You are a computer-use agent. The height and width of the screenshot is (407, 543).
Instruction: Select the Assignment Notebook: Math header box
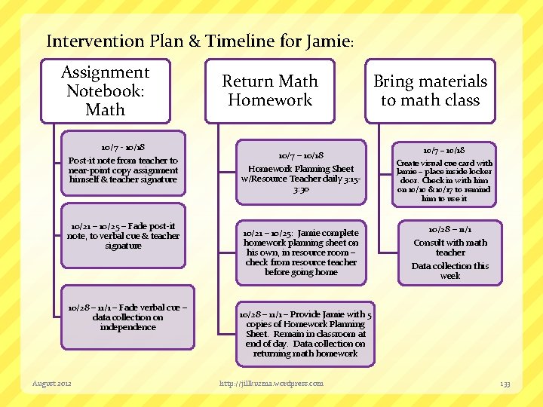tap(105, 91)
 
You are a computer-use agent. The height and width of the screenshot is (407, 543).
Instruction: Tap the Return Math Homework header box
tap(269, 91)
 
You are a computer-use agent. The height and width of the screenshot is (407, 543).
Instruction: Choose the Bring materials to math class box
tap(430, 91)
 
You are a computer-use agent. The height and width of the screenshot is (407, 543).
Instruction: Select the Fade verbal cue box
tap(127, 317)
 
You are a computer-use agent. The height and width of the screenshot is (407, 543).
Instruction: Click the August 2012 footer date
tap(52, 384)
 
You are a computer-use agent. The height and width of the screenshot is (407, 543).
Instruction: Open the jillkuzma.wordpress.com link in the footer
tap(271, 384)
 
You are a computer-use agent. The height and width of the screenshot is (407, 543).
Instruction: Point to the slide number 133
tap(505, 384)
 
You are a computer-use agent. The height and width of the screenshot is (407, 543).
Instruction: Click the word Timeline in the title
tap(241, 41)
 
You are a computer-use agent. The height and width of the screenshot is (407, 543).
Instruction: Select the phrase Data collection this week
tap(450, 271)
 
